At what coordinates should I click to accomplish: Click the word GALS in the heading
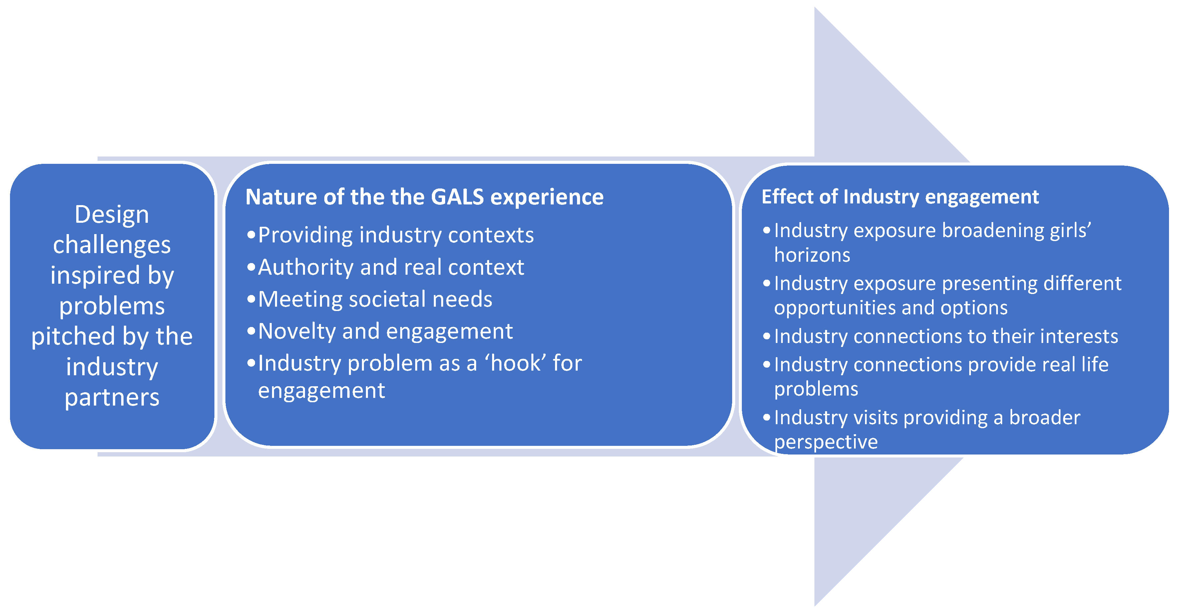click(457, 197)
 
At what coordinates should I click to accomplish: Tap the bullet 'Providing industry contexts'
click(396, 235)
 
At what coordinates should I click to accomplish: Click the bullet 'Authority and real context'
click(391, 267)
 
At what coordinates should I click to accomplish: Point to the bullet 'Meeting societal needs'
click(375, 299)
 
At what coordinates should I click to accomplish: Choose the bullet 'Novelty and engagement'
click(385, 331)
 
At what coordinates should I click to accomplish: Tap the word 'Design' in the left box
click(112, 214)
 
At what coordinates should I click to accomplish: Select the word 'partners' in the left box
click(112, 397)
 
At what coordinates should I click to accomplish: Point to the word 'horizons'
click(812, 255)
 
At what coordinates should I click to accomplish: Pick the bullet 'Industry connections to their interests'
click(946, 336)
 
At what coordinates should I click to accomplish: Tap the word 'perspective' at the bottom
click(825, 442)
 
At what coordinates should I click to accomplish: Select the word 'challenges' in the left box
click(112, 245)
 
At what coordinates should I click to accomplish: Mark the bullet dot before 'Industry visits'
click(766, 418)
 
